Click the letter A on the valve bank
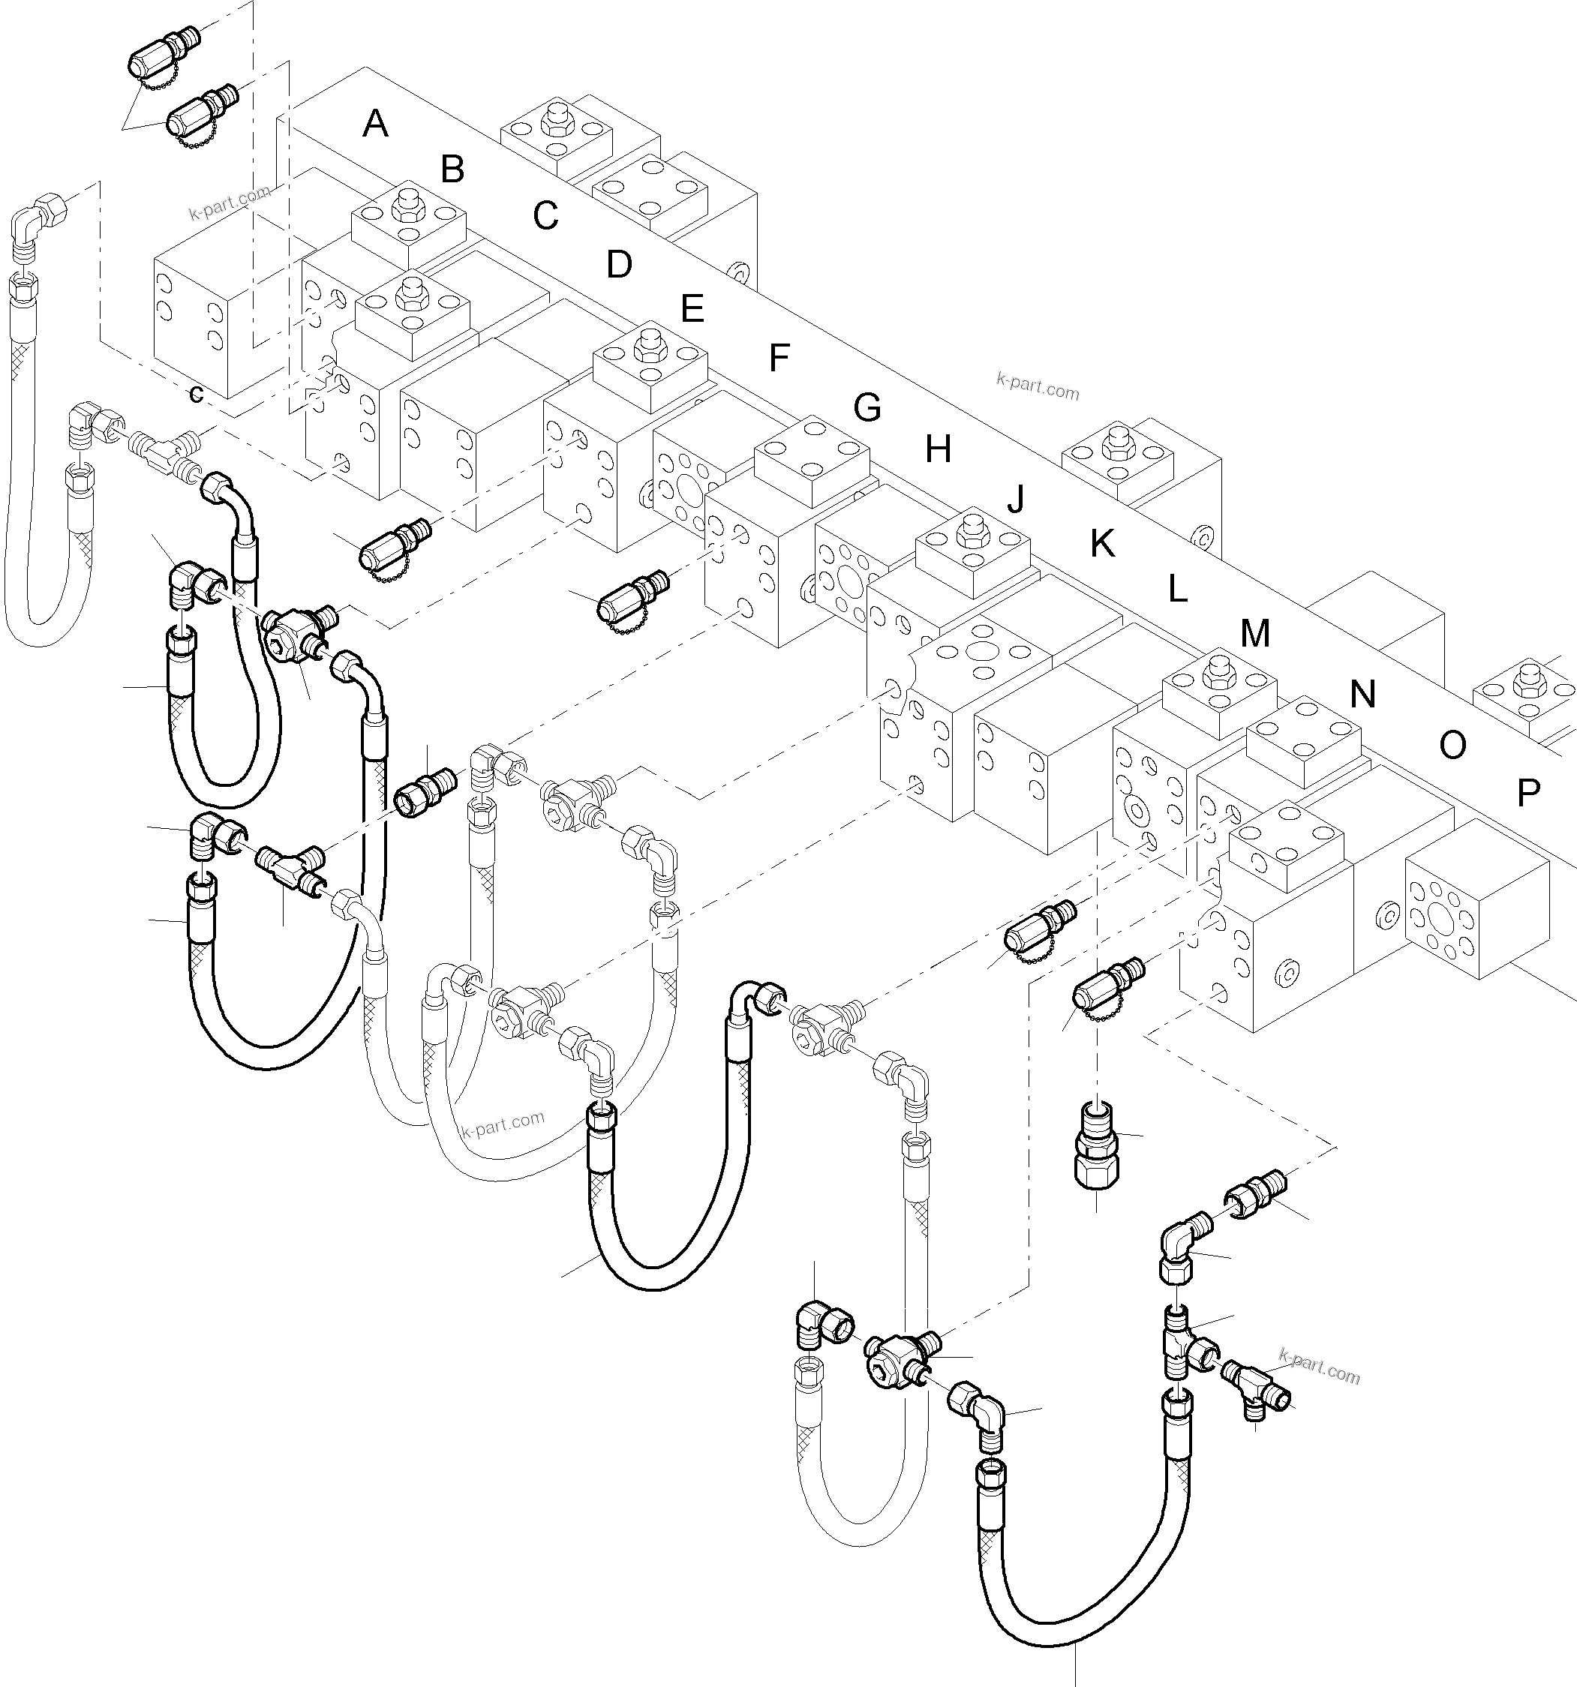point(375,125)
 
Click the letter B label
point(452,170)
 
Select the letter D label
point(619,265)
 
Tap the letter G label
point(867,408)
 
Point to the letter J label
point(1016,499)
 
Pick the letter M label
point(1254,634)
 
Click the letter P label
point(1527,794)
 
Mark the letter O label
point(1452,746)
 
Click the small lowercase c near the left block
point(196,395)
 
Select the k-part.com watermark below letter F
point(1037,386)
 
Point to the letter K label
point(1101,544)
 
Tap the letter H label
point(938,450)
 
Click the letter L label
point(1177,589)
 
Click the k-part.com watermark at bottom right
point(1320,1367)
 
